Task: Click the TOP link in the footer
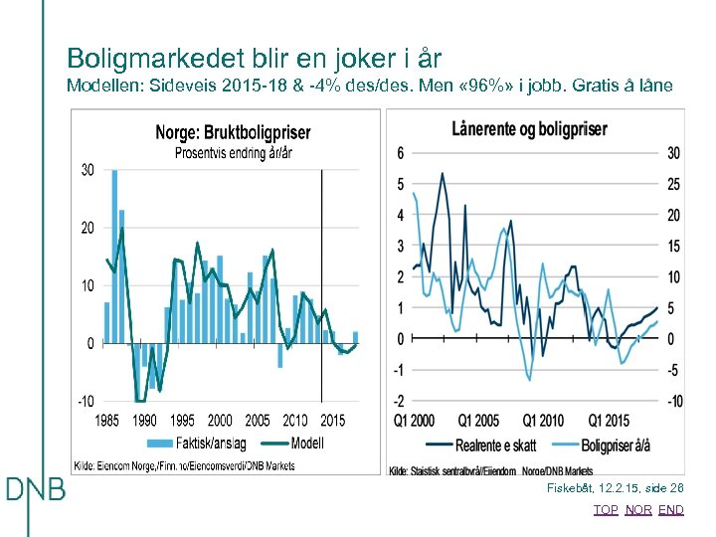(x=605, y=510)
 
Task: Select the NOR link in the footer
(x=638, y=510)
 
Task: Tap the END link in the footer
(x=671, y=510)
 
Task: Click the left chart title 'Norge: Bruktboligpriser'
(x=233, y=133)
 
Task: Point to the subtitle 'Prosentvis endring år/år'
(x=233, y=152)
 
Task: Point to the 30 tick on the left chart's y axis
(x=88, y=170)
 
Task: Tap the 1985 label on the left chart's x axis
(x=107, y=421)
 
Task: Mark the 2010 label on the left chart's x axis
(x=295, y=421)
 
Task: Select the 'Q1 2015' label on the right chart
(x=609, y=420)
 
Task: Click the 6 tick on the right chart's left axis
(x=400, y=152)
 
